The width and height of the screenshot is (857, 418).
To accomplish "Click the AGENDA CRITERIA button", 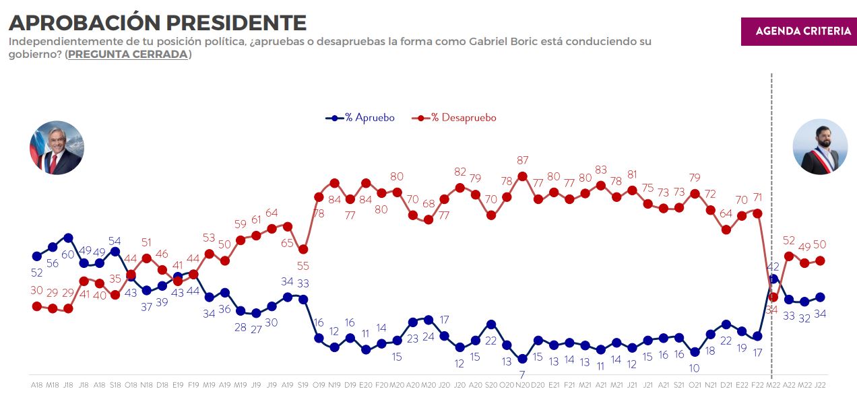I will [798, 31].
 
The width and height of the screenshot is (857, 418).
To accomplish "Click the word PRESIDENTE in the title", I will [236, 22].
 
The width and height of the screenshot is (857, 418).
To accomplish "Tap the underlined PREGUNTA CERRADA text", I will [128, 55].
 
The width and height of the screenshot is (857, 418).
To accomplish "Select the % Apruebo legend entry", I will [360, 118].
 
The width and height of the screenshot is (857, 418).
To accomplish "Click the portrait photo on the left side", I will [57, 149].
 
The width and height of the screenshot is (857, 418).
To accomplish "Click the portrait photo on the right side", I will [820, 147].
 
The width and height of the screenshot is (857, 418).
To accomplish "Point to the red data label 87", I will [522, 160].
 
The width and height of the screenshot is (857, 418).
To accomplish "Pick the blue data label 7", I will [522, 374].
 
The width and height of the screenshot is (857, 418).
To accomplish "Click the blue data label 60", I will [68, 254].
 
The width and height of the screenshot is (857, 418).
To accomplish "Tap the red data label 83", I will [601, 170].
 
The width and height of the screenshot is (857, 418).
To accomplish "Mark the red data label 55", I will [303, 266].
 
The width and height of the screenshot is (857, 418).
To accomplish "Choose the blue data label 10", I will [695, 368].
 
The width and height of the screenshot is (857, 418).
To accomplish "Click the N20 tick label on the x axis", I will [522, 384].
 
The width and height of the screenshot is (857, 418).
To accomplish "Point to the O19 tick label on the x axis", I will [319, 384].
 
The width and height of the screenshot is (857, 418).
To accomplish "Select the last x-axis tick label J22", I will [820, 384].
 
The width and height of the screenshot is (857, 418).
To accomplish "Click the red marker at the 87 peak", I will [522, 176].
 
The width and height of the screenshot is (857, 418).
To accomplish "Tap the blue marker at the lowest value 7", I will [522, 359].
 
